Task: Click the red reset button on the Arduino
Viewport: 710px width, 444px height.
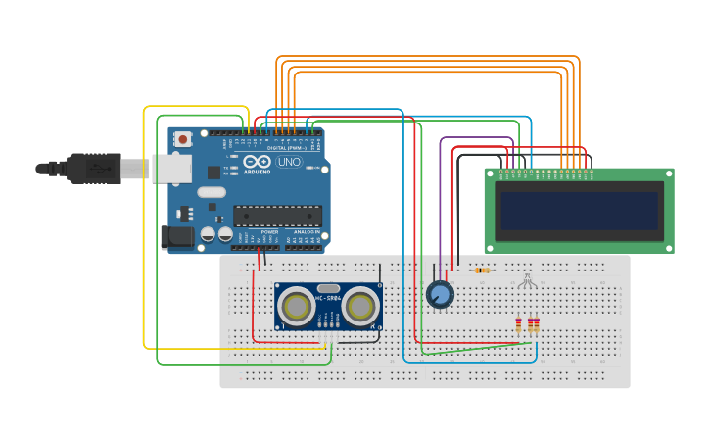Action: pyautogui.click(x=183, y=140)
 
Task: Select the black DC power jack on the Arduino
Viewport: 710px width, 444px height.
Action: pyautogui.click(x=176, y=236)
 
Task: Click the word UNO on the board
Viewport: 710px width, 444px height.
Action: pyautogui.click(x=289, y=162)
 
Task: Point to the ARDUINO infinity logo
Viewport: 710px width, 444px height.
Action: pyautogui.click(x=257, y=162)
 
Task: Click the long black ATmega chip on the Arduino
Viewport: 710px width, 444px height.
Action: pyautogui.click(x=277, y=216)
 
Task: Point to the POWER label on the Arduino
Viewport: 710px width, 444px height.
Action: pyautogui.click(x=269, y=232)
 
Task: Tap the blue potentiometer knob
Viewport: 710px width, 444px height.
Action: pyautogui.click(x=441, y=294)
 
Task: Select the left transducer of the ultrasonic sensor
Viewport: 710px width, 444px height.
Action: pyautogui.click(x=295, y=308)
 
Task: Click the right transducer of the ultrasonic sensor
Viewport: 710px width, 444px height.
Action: pyautogui.click(x=359, y=308)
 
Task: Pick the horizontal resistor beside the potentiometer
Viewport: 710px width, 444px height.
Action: pyautogui.click(x=480, y=271)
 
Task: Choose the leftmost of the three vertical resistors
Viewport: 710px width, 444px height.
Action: pyautogui.click(x=519, y=325)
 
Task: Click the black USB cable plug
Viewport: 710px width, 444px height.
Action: pyautogui.click(x=93, y=169)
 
